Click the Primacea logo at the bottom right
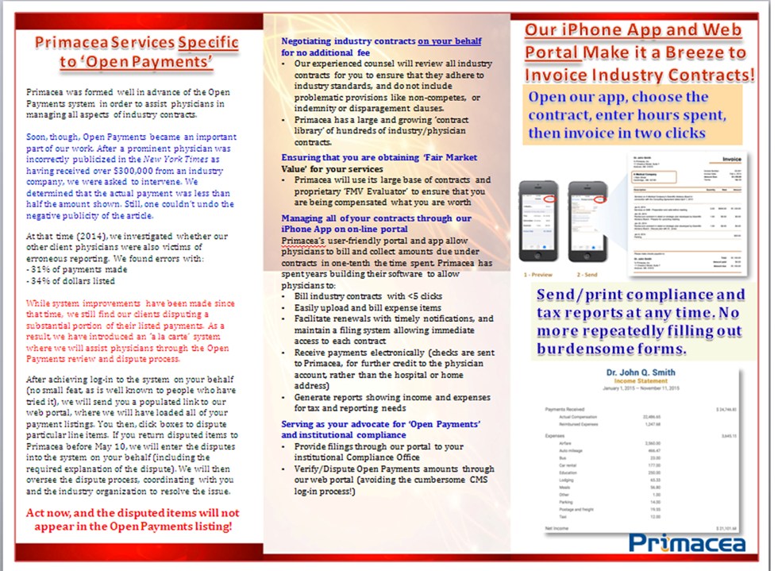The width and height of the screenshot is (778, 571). click(687, 542)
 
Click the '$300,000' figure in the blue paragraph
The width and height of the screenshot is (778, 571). click(123, 170)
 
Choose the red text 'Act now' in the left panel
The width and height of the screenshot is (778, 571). click(50, 513)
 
